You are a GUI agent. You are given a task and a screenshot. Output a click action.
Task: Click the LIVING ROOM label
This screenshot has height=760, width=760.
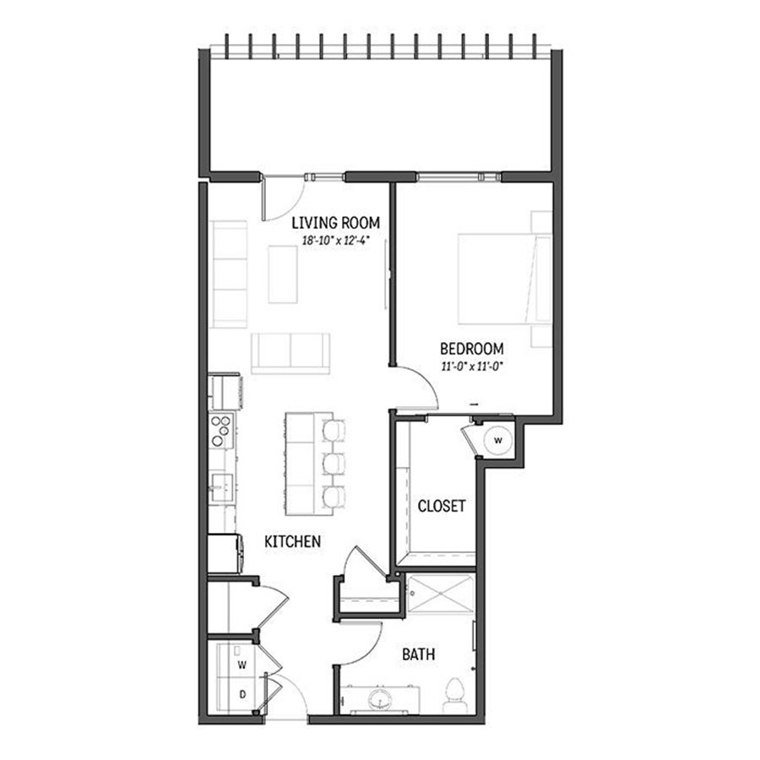click(335, 223)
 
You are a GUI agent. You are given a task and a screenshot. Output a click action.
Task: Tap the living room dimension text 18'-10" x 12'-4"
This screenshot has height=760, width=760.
click(336, 241)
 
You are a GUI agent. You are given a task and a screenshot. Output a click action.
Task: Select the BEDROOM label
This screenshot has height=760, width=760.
click(471, 349)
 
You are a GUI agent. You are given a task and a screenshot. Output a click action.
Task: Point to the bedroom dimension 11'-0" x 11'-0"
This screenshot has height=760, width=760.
click(470, 366)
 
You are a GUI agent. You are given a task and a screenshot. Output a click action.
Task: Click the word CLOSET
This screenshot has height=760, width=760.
click(441, 506)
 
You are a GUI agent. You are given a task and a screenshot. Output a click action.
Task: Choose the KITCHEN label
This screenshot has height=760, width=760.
click(293, 541)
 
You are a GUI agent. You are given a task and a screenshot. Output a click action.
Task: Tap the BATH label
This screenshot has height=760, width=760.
click(418, 654)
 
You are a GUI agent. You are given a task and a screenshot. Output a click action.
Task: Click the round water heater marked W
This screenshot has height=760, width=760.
click(497, 441)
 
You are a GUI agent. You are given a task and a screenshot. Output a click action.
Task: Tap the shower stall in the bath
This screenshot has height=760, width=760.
click(440, 594)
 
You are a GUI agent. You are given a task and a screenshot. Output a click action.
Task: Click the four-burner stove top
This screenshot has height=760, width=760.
click(221, 430)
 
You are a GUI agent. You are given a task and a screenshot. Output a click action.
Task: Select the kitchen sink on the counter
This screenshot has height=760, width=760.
click(221, 487)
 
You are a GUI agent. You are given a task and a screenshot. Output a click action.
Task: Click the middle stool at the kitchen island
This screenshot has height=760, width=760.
click(334, 464)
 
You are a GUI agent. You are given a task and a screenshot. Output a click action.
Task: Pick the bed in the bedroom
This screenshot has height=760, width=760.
click(505, 280)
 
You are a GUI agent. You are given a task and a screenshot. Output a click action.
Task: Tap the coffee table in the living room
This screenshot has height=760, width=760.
click(283, 274)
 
